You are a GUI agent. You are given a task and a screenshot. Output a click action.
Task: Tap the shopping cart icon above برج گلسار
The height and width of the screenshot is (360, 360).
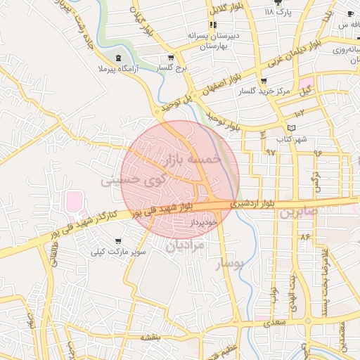pos(169,58)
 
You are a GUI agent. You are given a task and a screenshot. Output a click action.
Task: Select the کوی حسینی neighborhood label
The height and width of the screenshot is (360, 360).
pos(134,180)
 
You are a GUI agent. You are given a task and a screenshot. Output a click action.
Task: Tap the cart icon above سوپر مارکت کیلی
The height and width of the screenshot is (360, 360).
pos(117,239)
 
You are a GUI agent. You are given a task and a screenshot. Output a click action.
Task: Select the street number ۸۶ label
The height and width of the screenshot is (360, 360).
pos(304,237)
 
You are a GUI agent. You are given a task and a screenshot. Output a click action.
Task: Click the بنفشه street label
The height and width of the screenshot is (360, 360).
pos(150,337)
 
